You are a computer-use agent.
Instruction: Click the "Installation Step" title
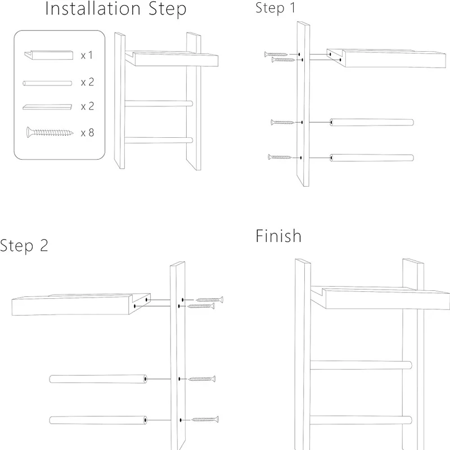[116, 9]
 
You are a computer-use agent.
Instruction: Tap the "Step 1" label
[275, 8]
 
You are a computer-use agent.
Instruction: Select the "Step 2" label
[24, 246]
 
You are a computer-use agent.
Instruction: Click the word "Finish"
[278, 236]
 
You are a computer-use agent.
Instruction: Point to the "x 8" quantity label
[88, 133]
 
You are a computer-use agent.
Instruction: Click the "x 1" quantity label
[87, 55]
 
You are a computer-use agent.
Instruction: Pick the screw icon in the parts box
[49, 132]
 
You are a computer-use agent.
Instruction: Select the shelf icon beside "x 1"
[48, 55]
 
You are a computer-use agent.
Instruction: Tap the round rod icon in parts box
[47, 83]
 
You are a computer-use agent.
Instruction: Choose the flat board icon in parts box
[47, 107]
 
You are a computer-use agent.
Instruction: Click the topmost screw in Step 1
[276, 54]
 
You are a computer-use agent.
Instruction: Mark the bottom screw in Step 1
[280, 157]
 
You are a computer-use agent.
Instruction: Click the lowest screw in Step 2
[205, 420]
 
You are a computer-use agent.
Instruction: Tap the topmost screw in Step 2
[209, 300]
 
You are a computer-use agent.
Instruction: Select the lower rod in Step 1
[372, 158]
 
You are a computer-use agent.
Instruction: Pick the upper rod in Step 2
[98, 379]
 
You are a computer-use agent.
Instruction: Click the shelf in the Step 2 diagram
[81, 304]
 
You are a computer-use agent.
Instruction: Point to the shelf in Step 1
[386, 58]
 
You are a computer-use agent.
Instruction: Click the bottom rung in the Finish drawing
[361, 420]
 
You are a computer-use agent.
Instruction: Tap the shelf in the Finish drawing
[380, 298]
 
